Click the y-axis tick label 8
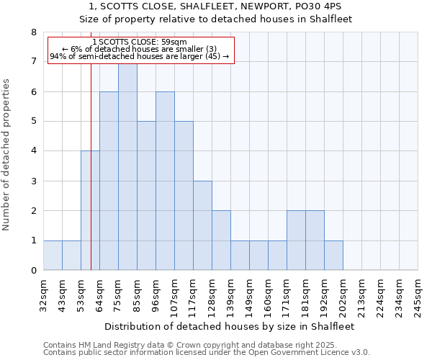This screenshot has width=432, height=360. click(x=33, y=32)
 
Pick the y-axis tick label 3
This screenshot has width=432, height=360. click(x=33, y=181)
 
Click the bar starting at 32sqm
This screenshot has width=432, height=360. click(x=53, y=256)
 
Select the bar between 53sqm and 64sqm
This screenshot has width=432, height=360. click(x=90, y=210)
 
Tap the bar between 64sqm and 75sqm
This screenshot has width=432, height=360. click(x=109, y=181)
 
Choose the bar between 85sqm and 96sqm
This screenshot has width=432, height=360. click(x=146, y=196)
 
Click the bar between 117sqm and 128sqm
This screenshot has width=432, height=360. click(x=202, y=225)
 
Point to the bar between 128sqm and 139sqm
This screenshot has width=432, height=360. click(x=221, y=240)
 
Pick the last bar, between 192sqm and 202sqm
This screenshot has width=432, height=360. click(x=333, y=256)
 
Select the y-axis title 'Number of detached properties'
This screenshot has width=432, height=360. click(x=7, y=155)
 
